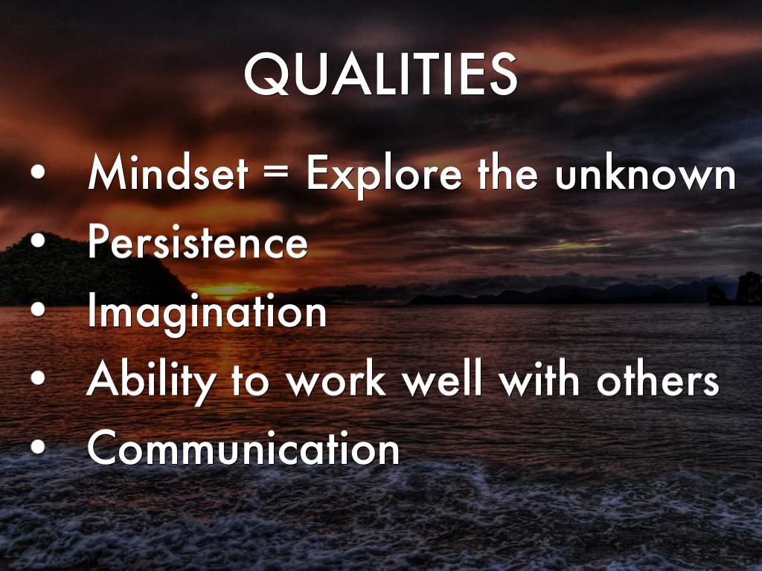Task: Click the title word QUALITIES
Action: pyautogui.click(x=380, y=74)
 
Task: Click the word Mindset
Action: pyautogui.click(x=167, y=172)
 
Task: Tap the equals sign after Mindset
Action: pyautogui.click(x=276, y=174)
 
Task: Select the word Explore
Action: pyautogui.click(x=384, y=175)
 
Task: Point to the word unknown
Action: pyautogui.click(x=645, y=173)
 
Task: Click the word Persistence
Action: pyautogui.click(x=197, y=242)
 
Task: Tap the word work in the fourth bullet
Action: pyautogui.click(x=336, y=379)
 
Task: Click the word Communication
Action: pyautogui.click(x=243, y=448)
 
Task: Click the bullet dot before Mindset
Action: pyautogui.click(x=37, y=172)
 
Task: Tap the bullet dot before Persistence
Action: pyautogui.click(x=37, y=240)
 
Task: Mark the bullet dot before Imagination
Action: pyautogui.click(x=37, y=309)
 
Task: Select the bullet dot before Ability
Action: pyautogui.click(x=37, y=378)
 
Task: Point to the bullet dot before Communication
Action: pyautogui.click(x=37, y=447)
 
